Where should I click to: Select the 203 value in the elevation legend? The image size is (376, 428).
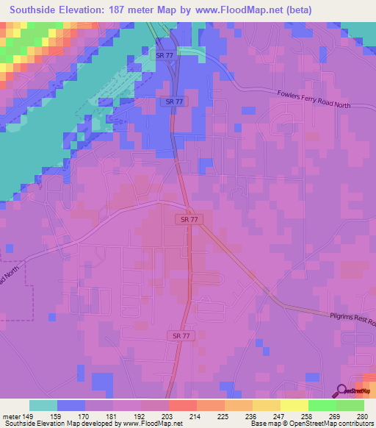[169, 415]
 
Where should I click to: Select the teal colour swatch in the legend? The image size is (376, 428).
[43, 405]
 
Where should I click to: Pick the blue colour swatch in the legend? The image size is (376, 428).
[71, 405]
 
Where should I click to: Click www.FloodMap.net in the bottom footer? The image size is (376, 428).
[153, 424]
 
